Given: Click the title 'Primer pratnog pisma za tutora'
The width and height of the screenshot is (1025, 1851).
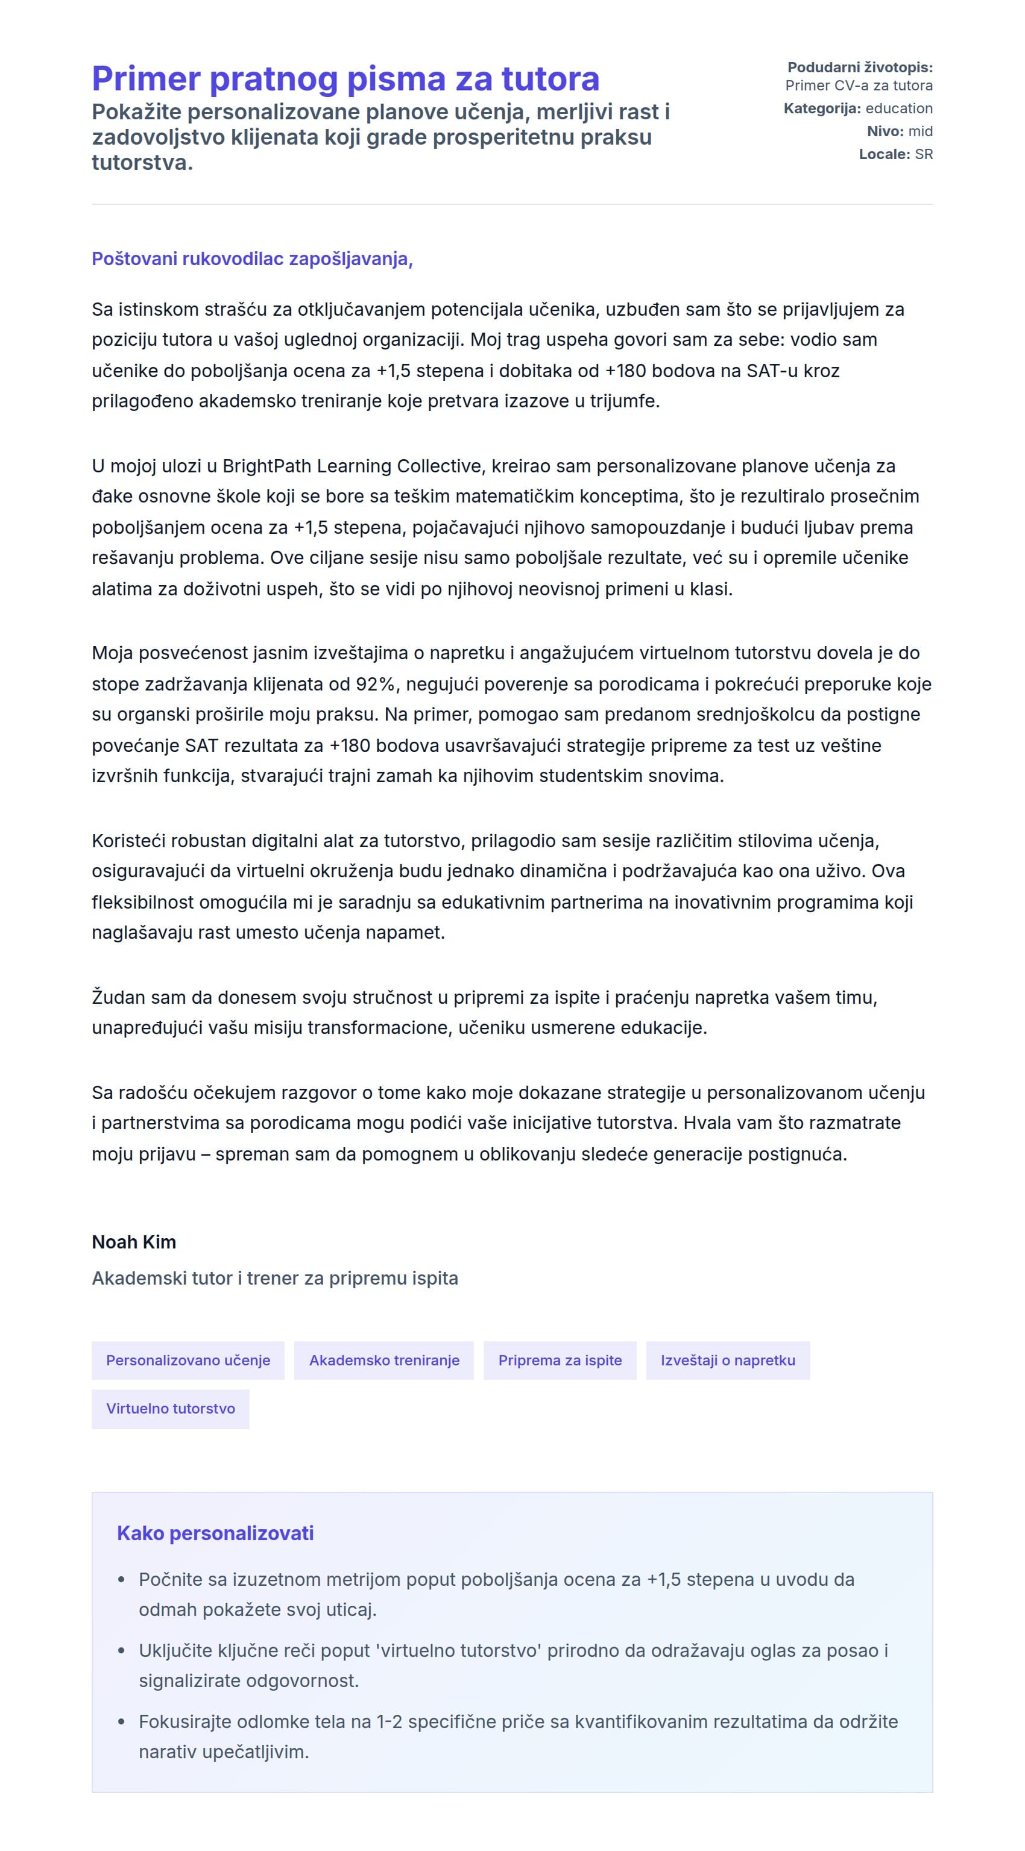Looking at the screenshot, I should click(x=345, y=79).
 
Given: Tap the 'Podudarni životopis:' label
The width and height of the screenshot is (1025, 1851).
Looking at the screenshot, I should click(x=860, y=67).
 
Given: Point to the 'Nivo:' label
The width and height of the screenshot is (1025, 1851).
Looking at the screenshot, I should click(x=885, y=131).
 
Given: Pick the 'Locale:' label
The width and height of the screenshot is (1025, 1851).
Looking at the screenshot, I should click(x=884, y=154).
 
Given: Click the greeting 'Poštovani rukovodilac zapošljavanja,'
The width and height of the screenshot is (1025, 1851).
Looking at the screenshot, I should click(x=251, y=258).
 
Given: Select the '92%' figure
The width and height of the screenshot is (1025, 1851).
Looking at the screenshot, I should click(x=375, y=684).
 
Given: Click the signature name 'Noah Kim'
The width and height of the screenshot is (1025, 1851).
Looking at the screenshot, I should click(x=134, y=1242).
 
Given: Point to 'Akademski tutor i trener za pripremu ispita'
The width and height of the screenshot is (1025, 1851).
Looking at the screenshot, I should click(x=274, y=1279).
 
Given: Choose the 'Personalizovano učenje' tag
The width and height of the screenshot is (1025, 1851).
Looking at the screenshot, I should click(x=188, y=1360).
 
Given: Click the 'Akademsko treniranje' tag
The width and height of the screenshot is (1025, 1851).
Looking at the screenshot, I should click(x=384, y=1360).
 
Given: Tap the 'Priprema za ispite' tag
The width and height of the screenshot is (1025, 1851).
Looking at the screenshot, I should click(x=560, y=1360).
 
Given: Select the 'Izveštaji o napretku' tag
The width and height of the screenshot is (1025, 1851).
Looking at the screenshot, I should click(x=727, y=1360).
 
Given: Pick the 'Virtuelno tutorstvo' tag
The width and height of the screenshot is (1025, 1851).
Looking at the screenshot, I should click(x=171, y=1408).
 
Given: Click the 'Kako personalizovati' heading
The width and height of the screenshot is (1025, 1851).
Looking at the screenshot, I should click(x=215, y=1533).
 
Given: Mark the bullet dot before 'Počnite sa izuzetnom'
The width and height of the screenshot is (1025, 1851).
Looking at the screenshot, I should click(x=121, y=1580).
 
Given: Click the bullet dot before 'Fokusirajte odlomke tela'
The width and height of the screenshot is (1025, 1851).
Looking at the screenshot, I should click(x=121, y=1721).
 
